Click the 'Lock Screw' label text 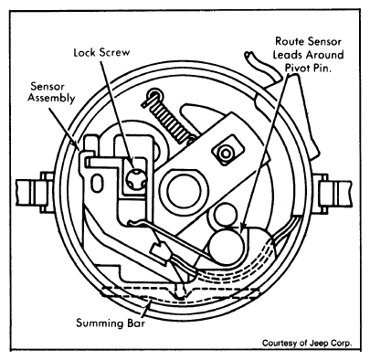click(x=101, y=52)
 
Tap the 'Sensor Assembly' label click(x=51, y=92)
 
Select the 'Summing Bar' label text click(x=111, y=323)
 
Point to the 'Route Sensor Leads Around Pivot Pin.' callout click(x=308, y=55)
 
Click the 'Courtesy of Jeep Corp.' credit click(x=307, y=343)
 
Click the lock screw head click(x=136, y=181)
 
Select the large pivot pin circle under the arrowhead click(x=227, y=248)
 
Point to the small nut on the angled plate click(x=226, y=154)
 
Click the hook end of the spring click(x=153, y=96)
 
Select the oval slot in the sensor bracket click(x=97, y=183)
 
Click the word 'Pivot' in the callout click(x=299, y=68)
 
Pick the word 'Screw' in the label click(x=114, y=52)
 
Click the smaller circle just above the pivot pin click(x=226, y=215)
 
